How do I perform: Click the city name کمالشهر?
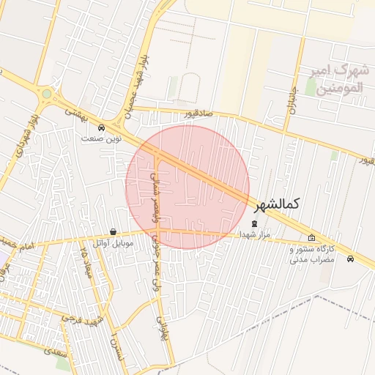click(279, 206)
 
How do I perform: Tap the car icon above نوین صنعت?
click(111, 127)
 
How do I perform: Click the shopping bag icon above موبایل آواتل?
click(112, 231)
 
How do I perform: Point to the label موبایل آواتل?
click(113, 242)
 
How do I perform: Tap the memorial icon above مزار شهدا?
click(254, 223)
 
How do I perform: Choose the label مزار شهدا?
click(254, 234)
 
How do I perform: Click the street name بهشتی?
click(75, 112)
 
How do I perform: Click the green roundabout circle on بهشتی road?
click(47, 94)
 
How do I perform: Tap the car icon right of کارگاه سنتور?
click(351, 259)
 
